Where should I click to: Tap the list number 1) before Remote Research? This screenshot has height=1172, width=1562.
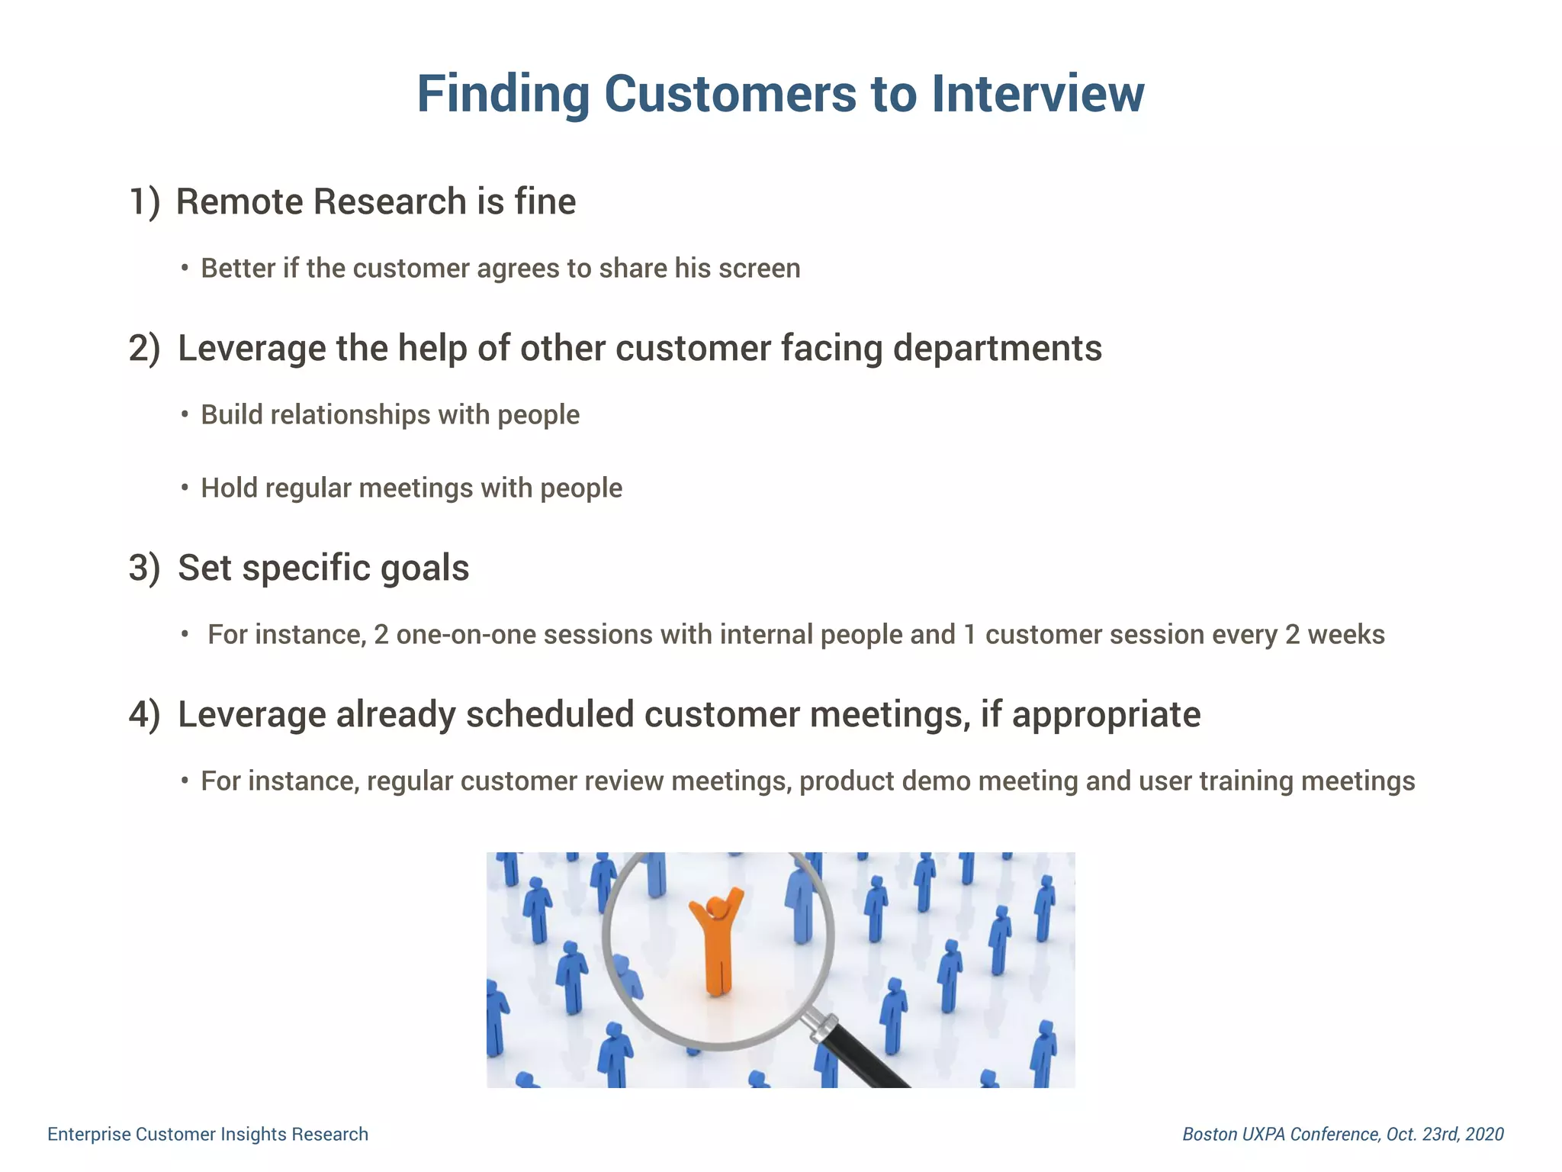point(144,202)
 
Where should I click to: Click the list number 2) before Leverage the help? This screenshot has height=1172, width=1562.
point(144,349)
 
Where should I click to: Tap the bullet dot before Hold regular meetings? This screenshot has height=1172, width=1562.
point(185,488)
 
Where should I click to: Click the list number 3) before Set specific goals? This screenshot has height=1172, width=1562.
point(144,568)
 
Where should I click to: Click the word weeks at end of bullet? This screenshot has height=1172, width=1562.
point(1346,635)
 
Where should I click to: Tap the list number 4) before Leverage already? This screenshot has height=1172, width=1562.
point(144,715)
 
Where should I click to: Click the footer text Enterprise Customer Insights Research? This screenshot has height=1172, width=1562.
point(207,1135)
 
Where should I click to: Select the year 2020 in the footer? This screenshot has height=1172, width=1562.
point(1484,1135)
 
